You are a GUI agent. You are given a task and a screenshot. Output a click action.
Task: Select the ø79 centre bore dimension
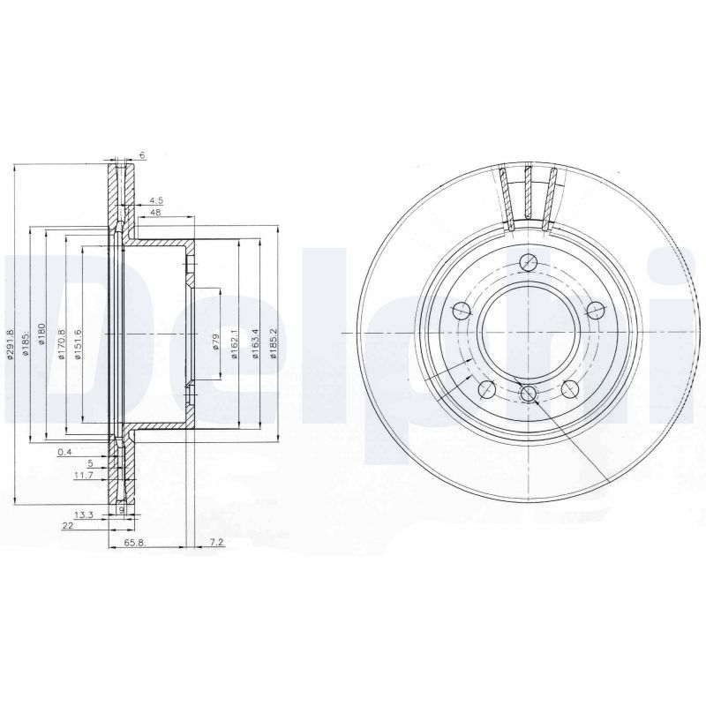tap(216, 342)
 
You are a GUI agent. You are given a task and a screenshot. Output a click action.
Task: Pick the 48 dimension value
tap(155, 213)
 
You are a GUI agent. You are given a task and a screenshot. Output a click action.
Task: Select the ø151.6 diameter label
tap(79, 343)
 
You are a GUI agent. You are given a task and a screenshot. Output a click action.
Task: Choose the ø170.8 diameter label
tap(61, 343)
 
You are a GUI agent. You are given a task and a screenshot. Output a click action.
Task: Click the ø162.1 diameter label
tap(235, 343)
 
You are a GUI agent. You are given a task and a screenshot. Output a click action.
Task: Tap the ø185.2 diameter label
tap(274, 343)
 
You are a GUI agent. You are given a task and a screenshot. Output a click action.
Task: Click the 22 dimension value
tap(67, 526)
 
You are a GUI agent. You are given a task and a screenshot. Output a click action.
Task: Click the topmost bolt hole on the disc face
tap(528, 261)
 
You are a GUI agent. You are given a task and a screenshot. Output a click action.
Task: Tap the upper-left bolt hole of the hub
tap(461, 310)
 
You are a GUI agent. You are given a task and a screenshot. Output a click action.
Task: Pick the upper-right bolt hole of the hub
tap(595, 309)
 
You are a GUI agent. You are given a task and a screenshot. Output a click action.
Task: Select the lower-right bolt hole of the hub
tap(569, 388)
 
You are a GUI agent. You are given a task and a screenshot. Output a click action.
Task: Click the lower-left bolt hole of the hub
tap(485, 388)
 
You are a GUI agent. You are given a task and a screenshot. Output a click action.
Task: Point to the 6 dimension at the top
tap(141, 155)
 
